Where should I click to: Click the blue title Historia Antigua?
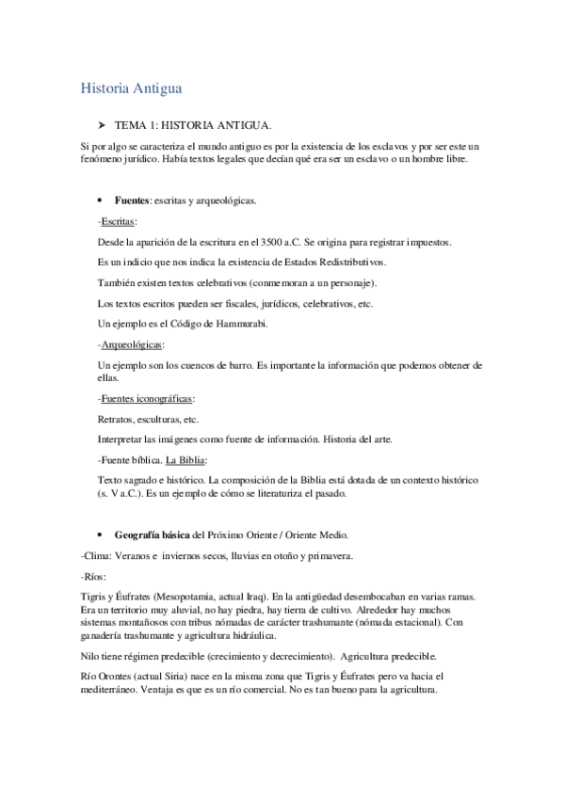(131, 88)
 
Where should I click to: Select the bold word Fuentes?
(131, 200)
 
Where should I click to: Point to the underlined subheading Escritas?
(119, 221)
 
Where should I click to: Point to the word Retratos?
(116, 419)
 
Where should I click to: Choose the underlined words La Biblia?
(185, 460)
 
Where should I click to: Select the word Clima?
(98, 556)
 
